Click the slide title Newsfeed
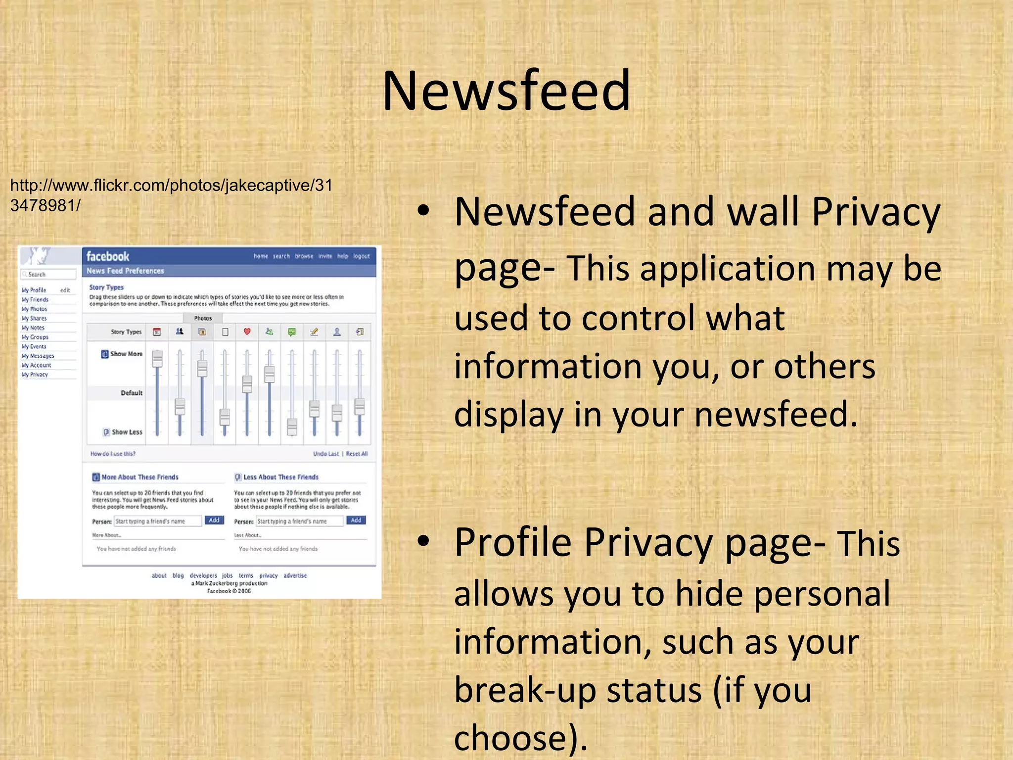(506, 91)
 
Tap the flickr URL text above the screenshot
(171, 195)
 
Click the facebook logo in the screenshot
(108, 256)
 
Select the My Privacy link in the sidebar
(35, 375)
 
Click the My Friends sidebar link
(35, 299)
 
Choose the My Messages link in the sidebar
(38, 356)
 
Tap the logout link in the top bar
(361, 256)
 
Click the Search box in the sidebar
(48, 274)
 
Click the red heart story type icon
(247, 332)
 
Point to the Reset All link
(357, 454)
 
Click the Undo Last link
(326, 454)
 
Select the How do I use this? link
(113, 454)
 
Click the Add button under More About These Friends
(214, 520)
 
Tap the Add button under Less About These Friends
(356, 520)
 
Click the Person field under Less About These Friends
(299, 521)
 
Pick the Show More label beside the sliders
(126, 354)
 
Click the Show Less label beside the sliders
(127, 432)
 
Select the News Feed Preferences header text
(125, 271)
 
